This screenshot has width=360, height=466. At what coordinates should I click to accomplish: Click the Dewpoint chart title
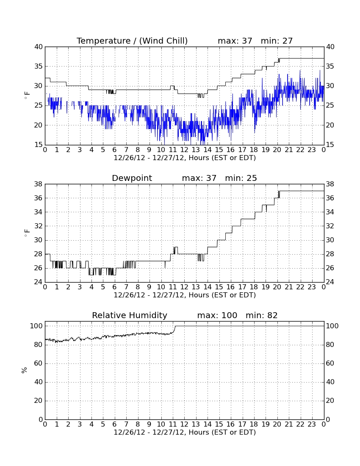[x=132, y=178]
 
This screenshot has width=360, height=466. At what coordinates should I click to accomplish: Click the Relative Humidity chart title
[x=130, y=315]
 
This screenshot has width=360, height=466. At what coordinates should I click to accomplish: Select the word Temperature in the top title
[x=103, y=41]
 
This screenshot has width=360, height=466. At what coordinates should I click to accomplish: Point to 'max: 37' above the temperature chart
[x=235, y=41]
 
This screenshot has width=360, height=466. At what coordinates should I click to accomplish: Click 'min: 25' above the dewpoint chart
[x=241, y=178]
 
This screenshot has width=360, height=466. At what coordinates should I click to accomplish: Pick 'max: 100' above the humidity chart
[x=217, y=315]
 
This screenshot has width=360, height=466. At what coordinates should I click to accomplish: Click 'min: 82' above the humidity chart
[x=261, y=315]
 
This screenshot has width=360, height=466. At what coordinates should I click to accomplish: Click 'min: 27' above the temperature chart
[x=277, y=41]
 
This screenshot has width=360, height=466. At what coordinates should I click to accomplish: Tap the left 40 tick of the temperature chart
[x=39, y=47]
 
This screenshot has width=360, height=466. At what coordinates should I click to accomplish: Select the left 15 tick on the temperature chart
[x=39, y=145]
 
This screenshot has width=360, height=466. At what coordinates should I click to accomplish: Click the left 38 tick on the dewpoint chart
[x=39, y=184]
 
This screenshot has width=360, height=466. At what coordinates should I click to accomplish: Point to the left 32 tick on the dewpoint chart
[x=39, y=226]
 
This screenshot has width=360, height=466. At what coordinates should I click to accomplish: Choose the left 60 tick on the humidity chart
[x=39, y=363]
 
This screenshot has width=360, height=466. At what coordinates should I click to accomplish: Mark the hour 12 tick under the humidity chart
[x=184, y=424]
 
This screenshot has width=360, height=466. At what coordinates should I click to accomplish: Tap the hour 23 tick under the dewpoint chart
[x=312, y=287]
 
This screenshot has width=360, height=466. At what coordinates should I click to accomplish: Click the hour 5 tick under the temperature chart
[x=103, y=150]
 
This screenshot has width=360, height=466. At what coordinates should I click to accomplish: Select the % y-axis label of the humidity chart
[x=25, y=370]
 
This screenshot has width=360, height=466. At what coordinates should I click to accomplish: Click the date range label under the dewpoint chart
[x=185, y=295]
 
